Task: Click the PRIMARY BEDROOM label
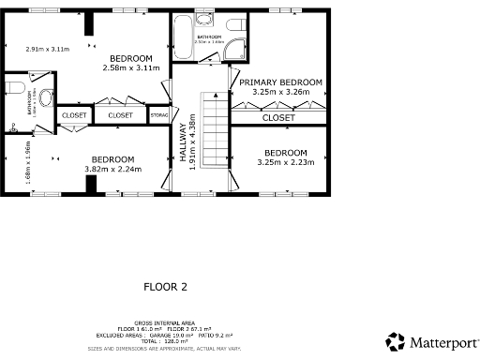[280, 82]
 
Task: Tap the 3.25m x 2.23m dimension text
[282, 162]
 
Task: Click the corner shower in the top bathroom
[233, 52]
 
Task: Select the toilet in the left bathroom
[12, 88]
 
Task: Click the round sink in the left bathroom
[47, 95]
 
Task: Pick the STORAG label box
[160, 115]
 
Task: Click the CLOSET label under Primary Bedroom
[278, 118]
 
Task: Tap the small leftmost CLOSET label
[73, 115]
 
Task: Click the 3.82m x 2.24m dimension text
[112, 170]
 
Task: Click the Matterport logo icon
[396, 341]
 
